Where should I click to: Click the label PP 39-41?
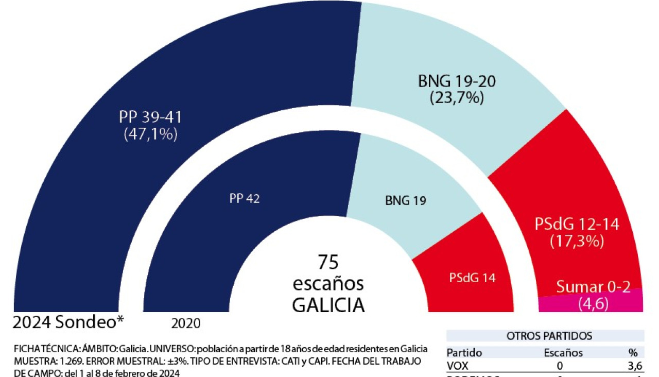pyautogui.click(x=150, y=117)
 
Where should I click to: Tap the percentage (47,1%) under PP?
pyautogui.click(x=150, y=134)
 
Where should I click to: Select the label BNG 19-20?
pyautogui.click(x=457, y=81)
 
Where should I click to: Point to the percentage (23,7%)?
pyautogui.click(x=457, y=97)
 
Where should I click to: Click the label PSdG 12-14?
pyautogui.click(x=577, y=224)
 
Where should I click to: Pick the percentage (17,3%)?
pyautogui.click(x=577, y=241)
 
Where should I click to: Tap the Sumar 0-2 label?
pyautogui.click(x=593, y=287)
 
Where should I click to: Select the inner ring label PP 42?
pyautogui.click(x=245, y=199)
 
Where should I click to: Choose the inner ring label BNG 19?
pyautogui.click(x=406, y=201)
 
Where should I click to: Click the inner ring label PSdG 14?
pyautogui.click(x=472, y=278)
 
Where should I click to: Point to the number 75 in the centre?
pyautogui.click(x=328, y=262)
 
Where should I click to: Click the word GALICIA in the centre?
pyautogui.click(x=328, y=305)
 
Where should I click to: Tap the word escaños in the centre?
pyautogui.click(x=328, y=283)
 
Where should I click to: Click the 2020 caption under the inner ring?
pyautogui.click(x=186, y=323)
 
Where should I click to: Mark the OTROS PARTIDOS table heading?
pyautogui.click(x=549, y=336)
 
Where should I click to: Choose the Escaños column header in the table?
pyautogui.click(x=563, y=353)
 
